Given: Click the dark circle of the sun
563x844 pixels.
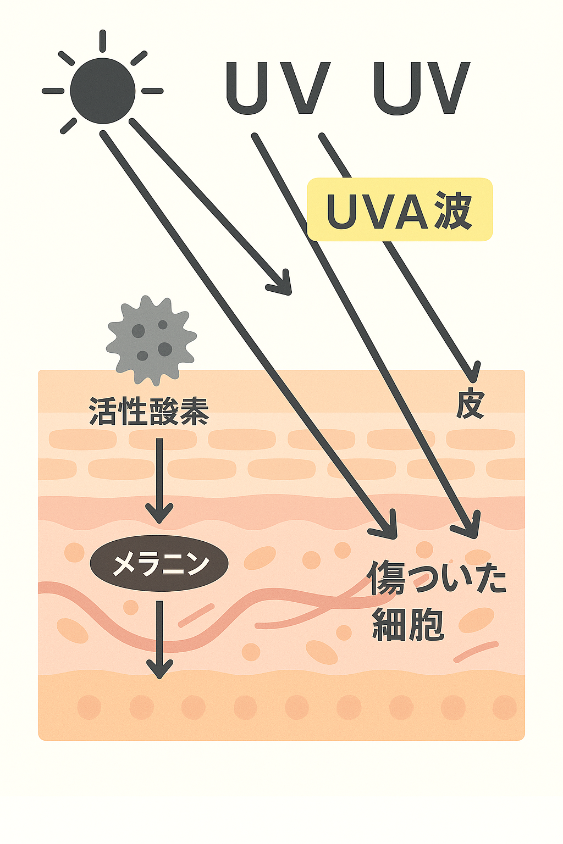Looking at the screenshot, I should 103,91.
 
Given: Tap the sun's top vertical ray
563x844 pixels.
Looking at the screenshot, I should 103,41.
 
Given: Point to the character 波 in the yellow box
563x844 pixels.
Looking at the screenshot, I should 453,210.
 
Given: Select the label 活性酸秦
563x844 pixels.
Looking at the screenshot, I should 149,412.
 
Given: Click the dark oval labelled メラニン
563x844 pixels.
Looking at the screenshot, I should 159,564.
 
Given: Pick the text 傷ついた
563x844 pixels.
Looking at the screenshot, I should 437,578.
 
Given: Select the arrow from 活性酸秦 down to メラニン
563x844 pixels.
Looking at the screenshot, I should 159,481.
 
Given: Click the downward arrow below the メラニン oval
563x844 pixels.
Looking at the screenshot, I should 159,640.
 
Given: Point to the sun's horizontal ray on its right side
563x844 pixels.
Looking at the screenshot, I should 152,91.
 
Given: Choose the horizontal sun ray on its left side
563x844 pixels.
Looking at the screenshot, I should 53,91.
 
